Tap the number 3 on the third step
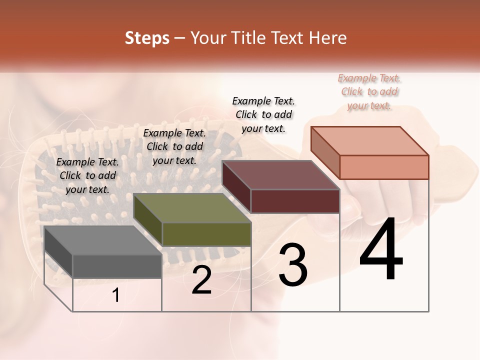(293, 265)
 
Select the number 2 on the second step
(201, 280)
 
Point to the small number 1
(116, 295)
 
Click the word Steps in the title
(147, 38)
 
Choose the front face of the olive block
(206, 234)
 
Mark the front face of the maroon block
(295, 201)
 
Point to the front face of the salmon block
(384, 167)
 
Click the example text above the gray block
(87, 175)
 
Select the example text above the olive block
(174, 146)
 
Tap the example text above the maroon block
(263, 114)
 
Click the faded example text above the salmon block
(369, 91)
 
